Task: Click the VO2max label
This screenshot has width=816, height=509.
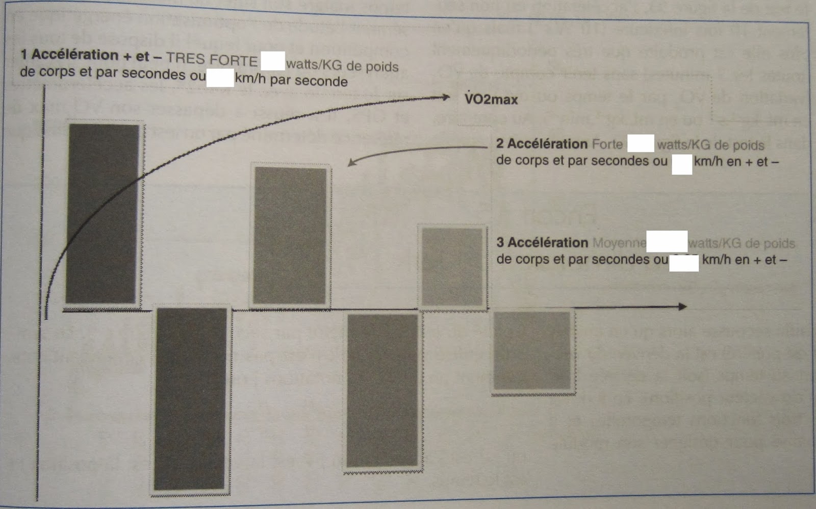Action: (x=491, y=99)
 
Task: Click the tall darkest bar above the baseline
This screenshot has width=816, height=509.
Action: (x=104, y=214)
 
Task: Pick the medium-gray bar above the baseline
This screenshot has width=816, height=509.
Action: (x=290, y=236)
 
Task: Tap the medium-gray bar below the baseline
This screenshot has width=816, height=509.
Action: (x=382, y=390)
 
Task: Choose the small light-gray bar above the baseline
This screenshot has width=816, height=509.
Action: (x=452, y=267)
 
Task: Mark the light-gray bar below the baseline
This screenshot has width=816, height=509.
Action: (x=532, y=351)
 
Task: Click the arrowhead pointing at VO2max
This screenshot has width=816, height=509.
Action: (x=446, y=97)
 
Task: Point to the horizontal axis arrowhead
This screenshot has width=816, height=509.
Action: (x=682, y=307)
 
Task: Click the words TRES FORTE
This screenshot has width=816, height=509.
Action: (x=212, y=60)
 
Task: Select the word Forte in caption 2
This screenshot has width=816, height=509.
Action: (x=607, y=144)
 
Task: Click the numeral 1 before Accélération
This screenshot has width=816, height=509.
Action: (x=23, y=54)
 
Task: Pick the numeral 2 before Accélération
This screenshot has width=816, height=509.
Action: (x=500, y=144)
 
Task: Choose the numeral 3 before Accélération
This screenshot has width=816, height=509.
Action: (x=500, y=242)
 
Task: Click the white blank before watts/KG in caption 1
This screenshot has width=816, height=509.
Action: (x=272, y=61)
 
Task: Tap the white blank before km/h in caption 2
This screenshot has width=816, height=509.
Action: (x=681, y=165)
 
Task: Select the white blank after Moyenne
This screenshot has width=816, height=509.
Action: (x=667, y=241)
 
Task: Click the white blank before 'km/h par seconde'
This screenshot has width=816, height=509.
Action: (x=220, y=79)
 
